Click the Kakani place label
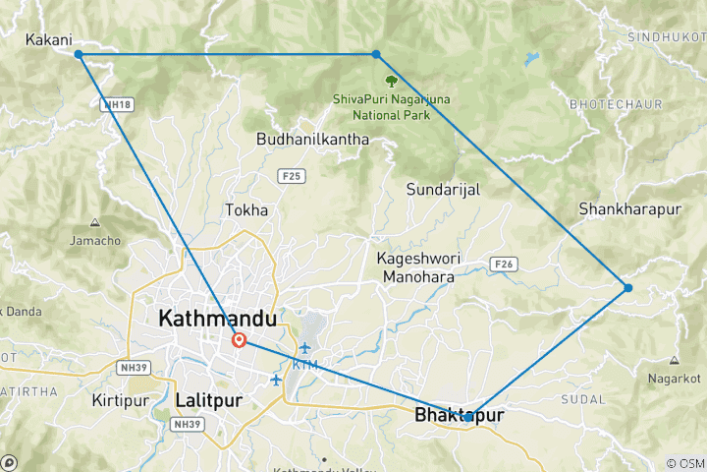coord(47,40)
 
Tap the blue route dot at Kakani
coord(79,54)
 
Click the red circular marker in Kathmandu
coord(239,340)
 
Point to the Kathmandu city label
coord(217,319)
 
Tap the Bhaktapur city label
coord(460,416)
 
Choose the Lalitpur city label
coord(207,400)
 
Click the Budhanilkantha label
coord(312,140)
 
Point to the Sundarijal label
coord(443,190)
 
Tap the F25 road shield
coord(291,176)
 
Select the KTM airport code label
coord(305,365)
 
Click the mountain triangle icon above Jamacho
coord(95,221)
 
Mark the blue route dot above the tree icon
coord(376,54)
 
